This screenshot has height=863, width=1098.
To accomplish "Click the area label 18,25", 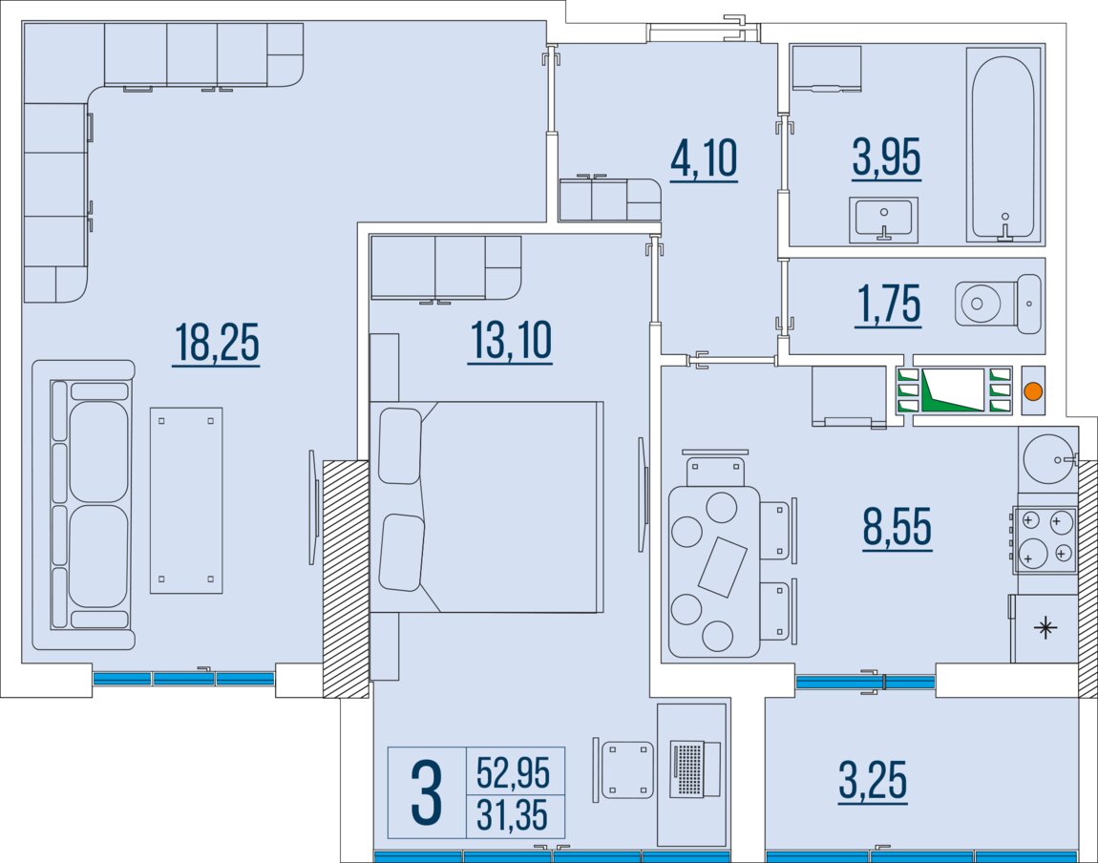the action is (x=217, y=343).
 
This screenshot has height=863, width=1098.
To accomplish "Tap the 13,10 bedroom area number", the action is (x=511, y=341).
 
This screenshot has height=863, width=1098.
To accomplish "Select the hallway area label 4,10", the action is (x=704, y=158).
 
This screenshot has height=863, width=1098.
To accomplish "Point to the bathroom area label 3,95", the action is (x=886, y=157).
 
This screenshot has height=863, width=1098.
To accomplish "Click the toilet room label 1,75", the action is (x=889, y=304).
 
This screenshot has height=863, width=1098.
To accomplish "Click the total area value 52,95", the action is (x=514, y=772).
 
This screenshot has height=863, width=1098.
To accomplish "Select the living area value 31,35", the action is (x=513, y=814).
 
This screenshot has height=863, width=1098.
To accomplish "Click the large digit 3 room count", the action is (x=427, y=793).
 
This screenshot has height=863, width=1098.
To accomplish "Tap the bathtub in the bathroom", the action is (x=1003, y=145).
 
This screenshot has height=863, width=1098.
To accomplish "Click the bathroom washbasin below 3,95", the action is (x=884, y=219).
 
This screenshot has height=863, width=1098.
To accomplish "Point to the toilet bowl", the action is (x=998, y=304).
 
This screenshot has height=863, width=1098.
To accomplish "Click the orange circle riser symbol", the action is (x=1033, y=391).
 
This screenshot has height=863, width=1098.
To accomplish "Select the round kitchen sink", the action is (x=1048, y=459).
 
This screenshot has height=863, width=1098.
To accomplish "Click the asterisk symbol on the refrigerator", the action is (x=1045, y=628).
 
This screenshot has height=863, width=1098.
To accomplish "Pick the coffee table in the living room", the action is (x=186, y=500).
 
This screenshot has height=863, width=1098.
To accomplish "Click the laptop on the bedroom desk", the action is (x=695, y=768).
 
